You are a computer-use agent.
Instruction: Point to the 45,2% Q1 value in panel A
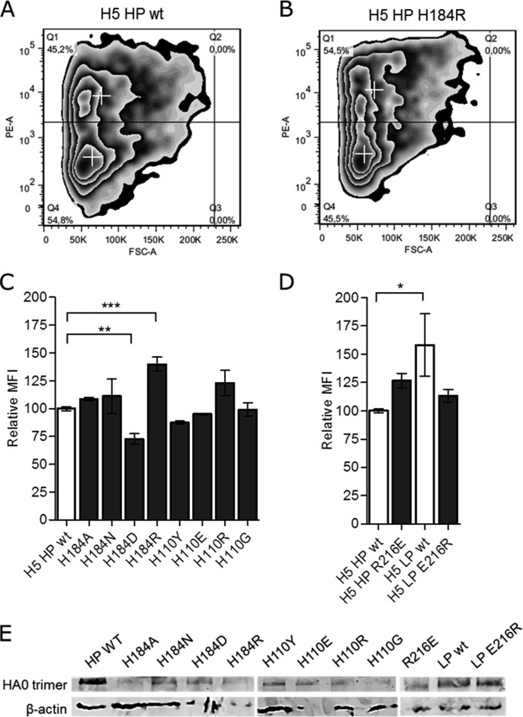(60, 49)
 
